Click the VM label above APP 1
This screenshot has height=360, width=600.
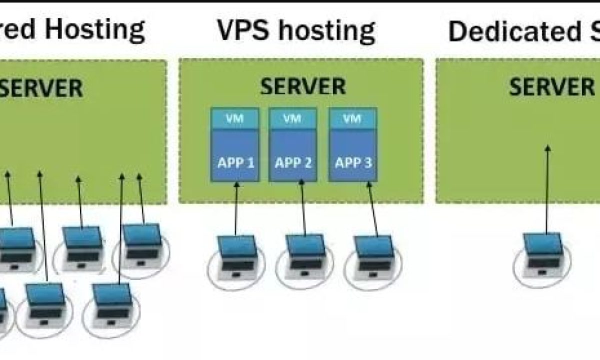[234, 119]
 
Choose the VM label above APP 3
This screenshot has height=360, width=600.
[352, 119]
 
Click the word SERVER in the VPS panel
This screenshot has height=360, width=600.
[303, 86]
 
